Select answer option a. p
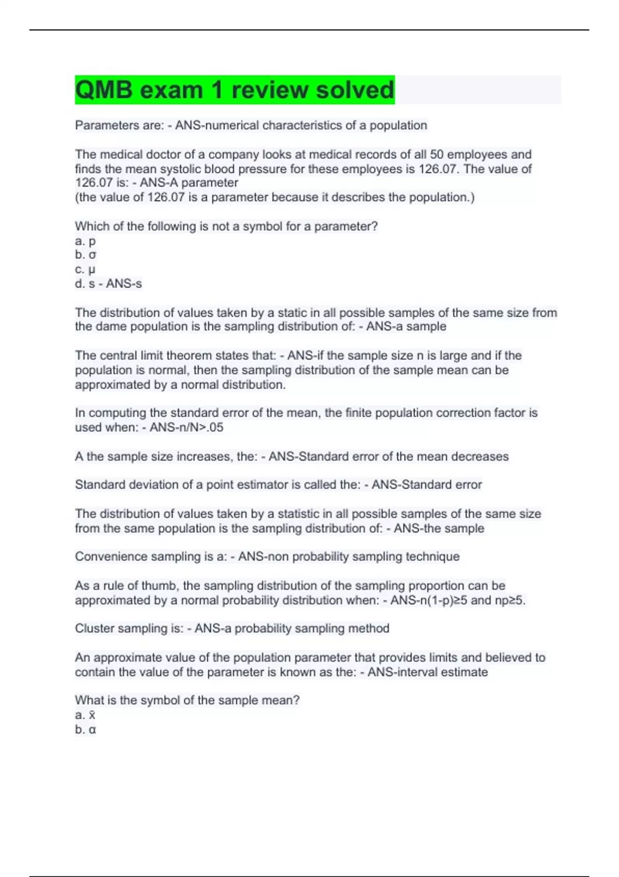click(86, 241)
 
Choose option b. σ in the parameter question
click(86, 255)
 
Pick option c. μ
click(86, 269)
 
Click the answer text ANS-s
click(124, 284)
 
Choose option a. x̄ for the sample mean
click(86, 715)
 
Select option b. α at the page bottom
click(86, 729)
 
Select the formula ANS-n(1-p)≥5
click(429, 600)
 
